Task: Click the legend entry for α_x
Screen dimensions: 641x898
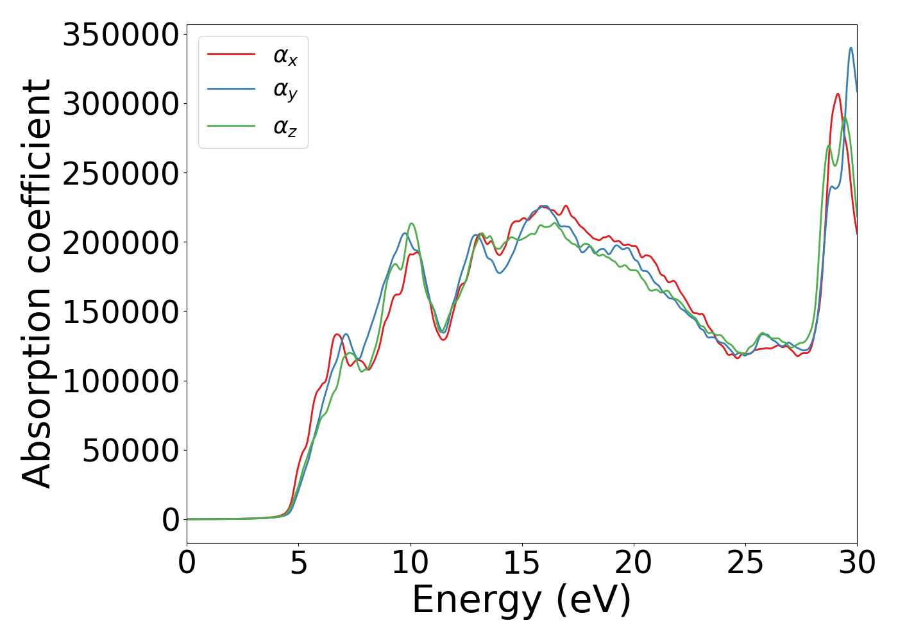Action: (285, 56)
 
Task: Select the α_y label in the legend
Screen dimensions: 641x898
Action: (285, 91)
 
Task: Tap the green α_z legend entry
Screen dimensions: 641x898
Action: (285, 126)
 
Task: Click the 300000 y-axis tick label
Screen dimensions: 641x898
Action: (120, 104)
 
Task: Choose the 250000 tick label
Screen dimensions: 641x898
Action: (120, 173)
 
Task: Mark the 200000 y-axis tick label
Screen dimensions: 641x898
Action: (120, 242)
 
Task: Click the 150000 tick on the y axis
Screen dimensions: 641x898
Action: (120, 312)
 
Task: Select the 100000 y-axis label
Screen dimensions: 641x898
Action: (120, 381)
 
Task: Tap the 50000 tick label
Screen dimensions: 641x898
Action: (130, 450)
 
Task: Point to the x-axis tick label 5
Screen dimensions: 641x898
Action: (298, 563)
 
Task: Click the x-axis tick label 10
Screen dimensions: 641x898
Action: (410, 563)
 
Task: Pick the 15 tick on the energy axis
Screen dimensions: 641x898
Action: (521, 563)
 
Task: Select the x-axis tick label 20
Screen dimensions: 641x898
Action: (634, 563)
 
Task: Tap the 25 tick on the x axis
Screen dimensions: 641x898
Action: (745, 563)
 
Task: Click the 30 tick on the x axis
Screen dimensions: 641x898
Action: (857, 563)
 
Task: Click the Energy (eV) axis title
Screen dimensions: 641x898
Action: (521, 601)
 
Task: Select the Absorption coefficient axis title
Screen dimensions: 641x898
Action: (37, 283)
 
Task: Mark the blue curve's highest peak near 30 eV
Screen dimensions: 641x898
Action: (851, 48)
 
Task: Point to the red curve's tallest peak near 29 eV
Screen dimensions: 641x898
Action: (838, 94)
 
